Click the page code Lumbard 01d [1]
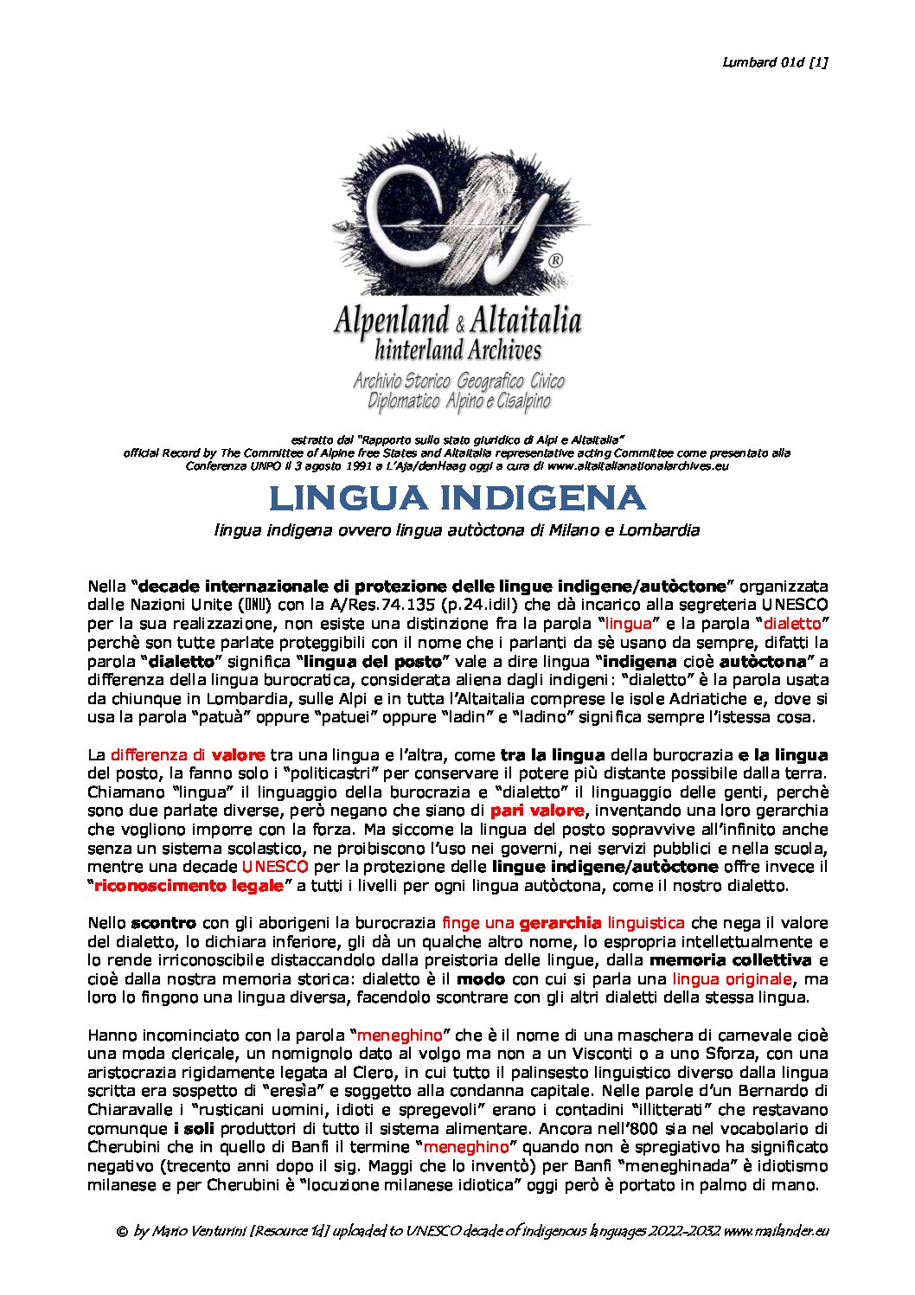(x=775, y=61)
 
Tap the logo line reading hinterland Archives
(x=457, y=350)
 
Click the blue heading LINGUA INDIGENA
(x=457, y=498)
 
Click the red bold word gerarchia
(x=560, y=923)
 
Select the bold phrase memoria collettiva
(x=730, y=960)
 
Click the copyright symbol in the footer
(x=122, y=1231)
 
